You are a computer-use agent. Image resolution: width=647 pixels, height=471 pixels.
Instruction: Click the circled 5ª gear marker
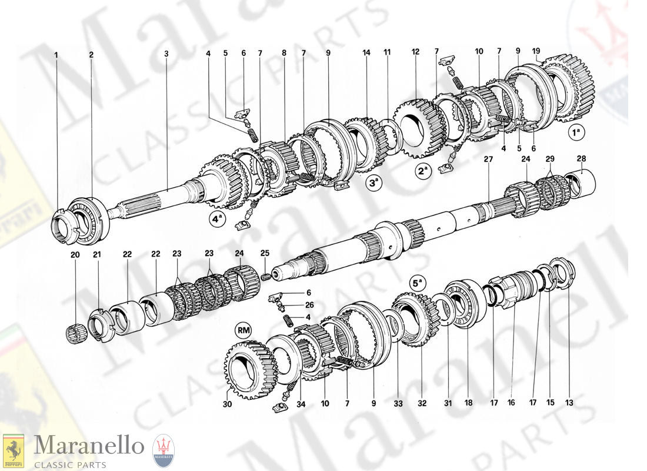(x=418, y=283)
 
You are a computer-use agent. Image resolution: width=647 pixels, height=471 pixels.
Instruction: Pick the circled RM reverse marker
(x=244, y=330)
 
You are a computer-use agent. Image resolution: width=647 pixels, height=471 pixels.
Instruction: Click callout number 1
(x=56, y=54)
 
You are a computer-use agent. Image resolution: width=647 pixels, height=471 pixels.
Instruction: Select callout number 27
(x=488, y=160)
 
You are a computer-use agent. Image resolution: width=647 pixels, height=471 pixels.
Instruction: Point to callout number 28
(x=581, y=158)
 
